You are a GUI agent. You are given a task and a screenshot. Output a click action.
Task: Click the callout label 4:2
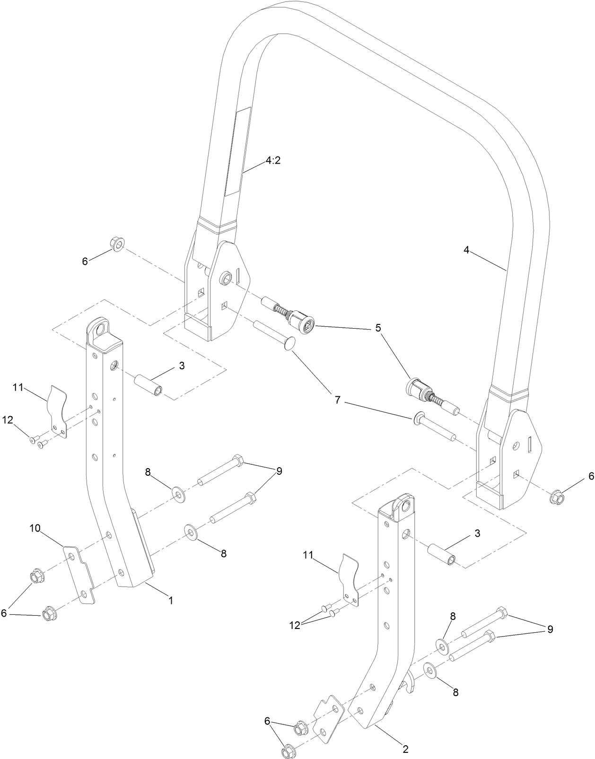click(273, 160)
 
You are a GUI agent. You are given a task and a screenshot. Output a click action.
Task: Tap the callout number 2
click(405, 736)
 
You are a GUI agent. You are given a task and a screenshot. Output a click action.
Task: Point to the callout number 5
click(378, 328)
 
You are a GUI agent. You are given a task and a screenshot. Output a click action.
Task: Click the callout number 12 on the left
click(8, 419)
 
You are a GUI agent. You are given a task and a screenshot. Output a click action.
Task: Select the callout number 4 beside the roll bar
click(466, 251)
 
